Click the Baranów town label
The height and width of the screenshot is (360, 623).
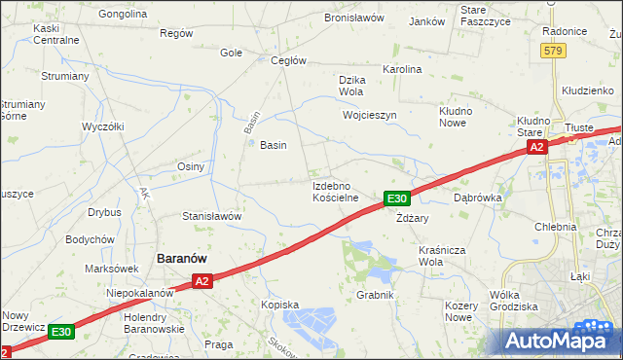click(187, 259)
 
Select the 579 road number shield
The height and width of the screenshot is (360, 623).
click(554, 50)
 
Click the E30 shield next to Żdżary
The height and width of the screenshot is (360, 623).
click(395, 198)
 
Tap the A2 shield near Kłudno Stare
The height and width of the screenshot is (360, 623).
click(536, 147)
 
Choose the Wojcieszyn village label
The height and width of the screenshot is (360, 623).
click(370, 115)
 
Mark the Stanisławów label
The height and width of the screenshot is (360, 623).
click(211, 216)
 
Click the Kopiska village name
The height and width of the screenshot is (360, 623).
click(279, 305)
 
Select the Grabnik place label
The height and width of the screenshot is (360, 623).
click(375, 295)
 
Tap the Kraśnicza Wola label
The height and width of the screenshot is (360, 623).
click(444, 256)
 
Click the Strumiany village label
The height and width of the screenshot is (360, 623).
click(65, 75)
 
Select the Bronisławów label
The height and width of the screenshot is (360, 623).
click(354, 18)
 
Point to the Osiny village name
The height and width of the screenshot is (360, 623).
click(190, 166)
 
